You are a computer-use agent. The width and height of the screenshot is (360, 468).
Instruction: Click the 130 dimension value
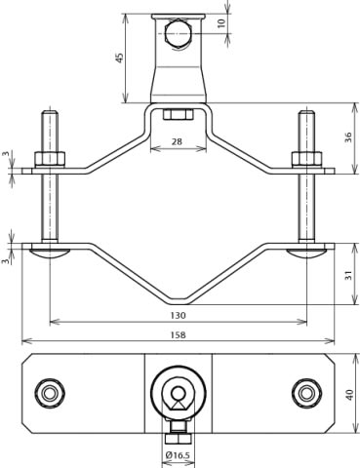click(x=178, y=316)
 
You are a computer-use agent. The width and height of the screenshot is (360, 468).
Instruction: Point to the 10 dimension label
click(x=221, y=21)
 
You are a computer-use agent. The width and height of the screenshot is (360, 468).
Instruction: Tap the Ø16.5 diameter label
click(x=178, y=455)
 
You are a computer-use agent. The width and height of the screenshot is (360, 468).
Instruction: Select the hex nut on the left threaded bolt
click(x=50, y=158)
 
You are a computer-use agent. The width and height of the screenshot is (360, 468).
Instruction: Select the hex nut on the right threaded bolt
click(x=306, y=158)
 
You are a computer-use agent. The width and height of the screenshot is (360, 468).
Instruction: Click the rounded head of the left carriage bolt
click(x=50, y=253)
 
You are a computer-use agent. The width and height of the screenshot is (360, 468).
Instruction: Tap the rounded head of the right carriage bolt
click(x=306, y=253)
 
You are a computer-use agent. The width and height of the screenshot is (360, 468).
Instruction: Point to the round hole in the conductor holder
click(x=178, y=35)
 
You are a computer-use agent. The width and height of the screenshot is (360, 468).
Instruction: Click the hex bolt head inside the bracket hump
click(x=178, y=115)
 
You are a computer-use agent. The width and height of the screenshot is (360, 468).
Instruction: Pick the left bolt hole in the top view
click(x=50, y=394)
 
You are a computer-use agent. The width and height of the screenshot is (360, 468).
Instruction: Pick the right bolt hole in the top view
click(x=307, y=394)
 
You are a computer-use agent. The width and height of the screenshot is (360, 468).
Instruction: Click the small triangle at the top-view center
click(x=178, y=396)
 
